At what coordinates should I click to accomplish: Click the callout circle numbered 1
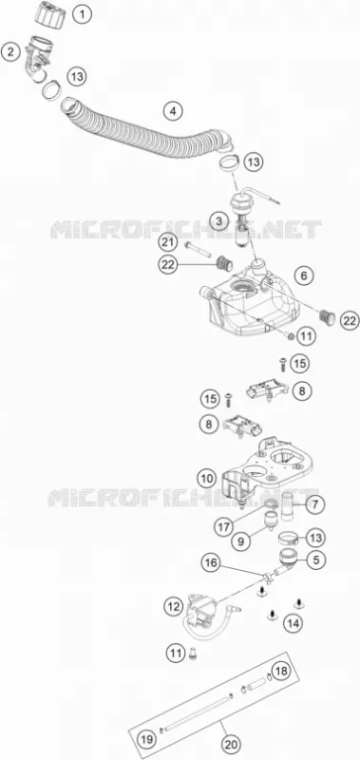pos(83,14)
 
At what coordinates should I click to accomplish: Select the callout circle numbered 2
pos(10,52)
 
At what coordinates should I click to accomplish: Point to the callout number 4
pos(160,111)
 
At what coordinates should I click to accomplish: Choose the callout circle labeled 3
pos(219,222)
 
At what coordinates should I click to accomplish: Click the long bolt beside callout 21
pos(199,250)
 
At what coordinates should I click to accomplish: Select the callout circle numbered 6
pos(304,276)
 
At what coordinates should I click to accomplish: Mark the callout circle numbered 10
pos(207,479)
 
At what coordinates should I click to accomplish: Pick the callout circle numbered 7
pos(315,504)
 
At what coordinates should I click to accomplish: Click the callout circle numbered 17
pos(224,526)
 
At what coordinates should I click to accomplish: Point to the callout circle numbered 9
pos(241,541)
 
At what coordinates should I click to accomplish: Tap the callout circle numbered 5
pos(315,560)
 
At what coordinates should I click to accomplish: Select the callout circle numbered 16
pos(211,562)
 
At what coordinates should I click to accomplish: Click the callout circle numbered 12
pos(174,606)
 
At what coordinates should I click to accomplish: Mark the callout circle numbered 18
pos(280,672)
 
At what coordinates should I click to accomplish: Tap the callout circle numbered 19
pos(147,739)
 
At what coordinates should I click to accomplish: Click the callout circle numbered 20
pos(233,744)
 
